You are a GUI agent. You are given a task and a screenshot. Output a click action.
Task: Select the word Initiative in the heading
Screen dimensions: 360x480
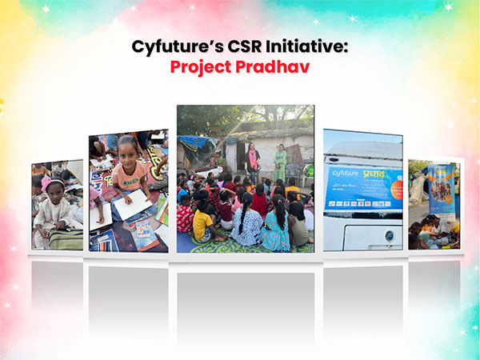tap(310, 47)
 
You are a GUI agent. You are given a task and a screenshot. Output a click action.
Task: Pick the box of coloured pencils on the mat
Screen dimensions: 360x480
tap(105, 240)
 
